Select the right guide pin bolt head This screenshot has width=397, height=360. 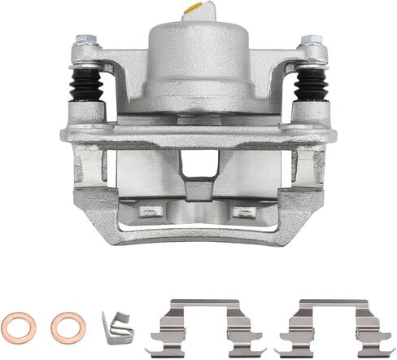click(310, 41)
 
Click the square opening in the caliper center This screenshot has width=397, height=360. click(195, 166)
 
